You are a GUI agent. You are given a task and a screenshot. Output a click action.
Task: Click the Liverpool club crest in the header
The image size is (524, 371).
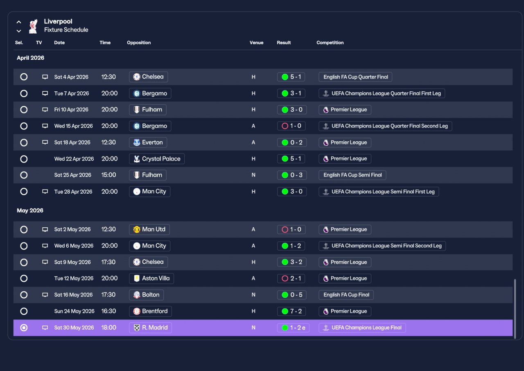coord(33,26)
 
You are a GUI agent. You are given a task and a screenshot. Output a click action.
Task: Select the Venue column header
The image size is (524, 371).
coord(256,43)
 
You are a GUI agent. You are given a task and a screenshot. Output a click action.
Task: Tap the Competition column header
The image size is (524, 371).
coord(330,43)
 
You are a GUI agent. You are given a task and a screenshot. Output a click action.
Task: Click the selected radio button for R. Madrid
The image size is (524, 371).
coord(24,328)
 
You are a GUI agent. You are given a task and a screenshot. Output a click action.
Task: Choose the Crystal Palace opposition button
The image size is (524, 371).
coord(157,159)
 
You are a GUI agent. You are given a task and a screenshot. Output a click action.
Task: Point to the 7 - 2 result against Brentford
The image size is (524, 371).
coord(291,311)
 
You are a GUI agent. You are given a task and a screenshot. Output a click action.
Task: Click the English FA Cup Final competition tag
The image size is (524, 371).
coord(346,295)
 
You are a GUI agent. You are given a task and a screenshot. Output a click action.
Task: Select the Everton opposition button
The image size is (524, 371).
coord(148,143)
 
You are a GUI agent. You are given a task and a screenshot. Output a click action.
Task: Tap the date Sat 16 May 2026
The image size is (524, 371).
coord(73,295)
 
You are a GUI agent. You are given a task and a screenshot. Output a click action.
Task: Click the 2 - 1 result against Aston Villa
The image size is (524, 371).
coord(291,278)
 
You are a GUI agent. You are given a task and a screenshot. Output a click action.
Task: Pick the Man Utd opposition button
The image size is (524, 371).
coord(149,229)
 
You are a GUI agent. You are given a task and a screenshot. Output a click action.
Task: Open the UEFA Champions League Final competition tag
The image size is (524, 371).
coord(362,328)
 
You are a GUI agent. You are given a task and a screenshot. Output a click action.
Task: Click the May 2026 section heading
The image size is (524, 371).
coord(30,210)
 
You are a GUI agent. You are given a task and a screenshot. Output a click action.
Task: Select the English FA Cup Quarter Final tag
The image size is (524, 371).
coord(355,77)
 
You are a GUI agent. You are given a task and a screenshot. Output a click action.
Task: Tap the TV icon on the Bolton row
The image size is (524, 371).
coord(45,295)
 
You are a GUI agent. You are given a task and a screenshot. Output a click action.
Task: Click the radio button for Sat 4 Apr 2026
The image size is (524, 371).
coord(24,77)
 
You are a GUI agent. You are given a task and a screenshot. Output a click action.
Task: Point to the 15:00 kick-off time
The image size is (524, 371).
coord(108,175)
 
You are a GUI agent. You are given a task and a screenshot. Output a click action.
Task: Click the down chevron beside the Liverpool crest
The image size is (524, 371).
coord(19,31)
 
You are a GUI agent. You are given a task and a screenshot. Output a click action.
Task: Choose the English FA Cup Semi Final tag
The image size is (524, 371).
coord(352,175)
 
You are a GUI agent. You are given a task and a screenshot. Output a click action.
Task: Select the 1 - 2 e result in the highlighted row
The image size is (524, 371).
coord(293,328)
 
